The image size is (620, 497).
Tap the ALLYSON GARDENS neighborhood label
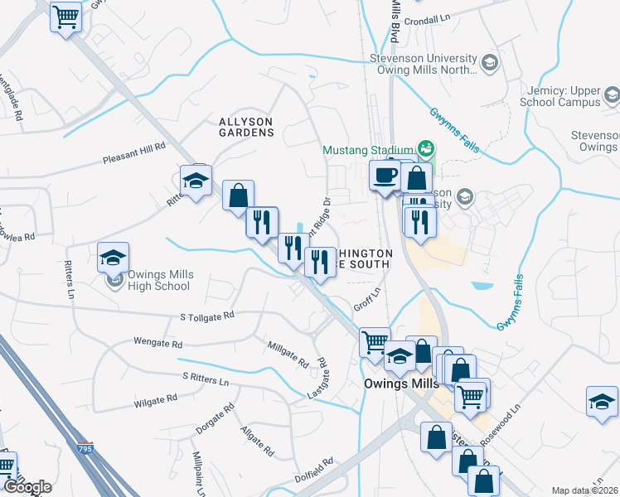coord(245,127)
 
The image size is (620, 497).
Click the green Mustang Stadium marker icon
coord(427,149)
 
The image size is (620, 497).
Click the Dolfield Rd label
coord(314,470)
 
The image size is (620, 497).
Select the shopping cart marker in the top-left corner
coord(65,16)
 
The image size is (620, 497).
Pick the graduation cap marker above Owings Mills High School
coord(114,257)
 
